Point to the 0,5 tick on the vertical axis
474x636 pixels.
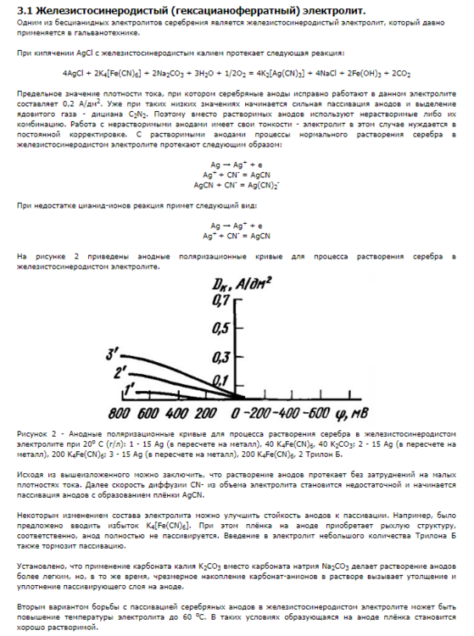point(222,326)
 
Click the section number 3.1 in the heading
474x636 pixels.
point(25,9)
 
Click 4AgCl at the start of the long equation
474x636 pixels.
point(76,73)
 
